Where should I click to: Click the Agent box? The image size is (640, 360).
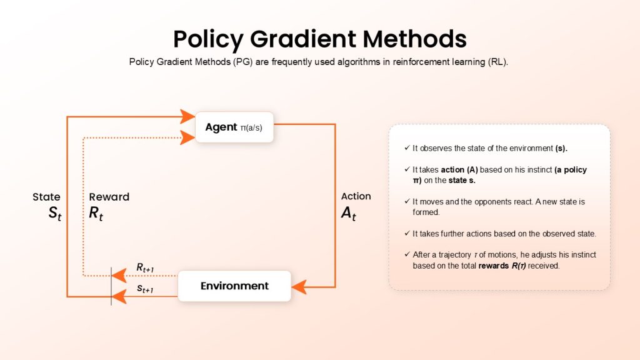[x=234, y=127]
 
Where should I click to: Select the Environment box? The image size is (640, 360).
[x=234, y=286]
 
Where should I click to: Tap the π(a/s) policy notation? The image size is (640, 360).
[x=251, y=127]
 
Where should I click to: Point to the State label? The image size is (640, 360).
[x=46, y=197]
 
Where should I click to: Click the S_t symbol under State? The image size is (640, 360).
[x=55, y=213]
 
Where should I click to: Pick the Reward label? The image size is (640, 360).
[x=109, y=197]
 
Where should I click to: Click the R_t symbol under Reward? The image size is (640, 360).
[x=96, y=213]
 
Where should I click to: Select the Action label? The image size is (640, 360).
[x=356, y=196]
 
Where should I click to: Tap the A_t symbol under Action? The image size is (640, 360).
[x=349, y=213]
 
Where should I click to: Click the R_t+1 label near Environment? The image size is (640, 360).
[x=145, y=267]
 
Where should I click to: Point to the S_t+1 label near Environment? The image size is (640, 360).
[x=145, y=289]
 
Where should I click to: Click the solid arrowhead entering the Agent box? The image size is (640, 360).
[x=187, y=116]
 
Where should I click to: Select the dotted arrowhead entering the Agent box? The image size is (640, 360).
[x=187, y=137]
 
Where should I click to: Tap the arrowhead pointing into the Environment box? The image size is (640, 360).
[x=299, y=286]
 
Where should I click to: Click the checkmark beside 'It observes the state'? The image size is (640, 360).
[x=407, y=147]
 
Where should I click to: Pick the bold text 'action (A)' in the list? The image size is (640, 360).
[x=459, y=170]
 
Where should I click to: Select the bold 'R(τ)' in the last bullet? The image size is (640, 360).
[x=518, y=266]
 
